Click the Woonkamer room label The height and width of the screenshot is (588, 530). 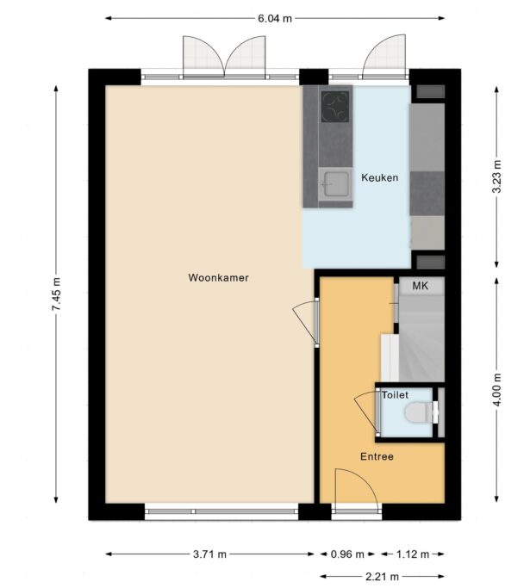point(218,278)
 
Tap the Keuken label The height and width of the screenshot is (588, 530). point(379,177)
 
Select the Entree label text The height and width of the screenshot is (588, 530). point(377,457)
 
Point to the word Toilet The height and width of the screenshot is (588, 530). point(395,395)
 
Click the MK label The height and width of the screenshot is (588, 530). point(420,286)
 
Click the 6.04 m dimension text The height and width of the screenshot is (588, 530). point(275,18)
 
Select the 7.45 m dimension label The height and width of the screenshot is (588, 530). point(56,294)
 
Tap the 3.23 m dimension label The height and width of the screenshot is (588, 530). point(496,176)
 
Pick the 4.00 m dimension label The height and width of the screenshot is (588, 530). point(496,390)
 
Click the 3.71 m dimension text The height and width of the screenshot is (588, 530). point(209,554)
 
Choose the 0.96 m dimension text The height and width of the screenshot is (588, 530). point(347,554)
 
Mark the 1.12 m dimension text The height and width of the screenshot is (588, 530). point(413,554)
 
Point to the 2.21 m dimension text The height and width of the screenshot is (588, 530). point(382,576)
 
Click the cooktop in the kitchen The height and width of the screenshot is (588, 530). point(335,107)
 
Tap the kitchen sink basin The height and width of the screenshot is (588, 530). point(336,184)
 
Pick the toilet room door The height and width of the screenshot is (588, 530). point(367,412)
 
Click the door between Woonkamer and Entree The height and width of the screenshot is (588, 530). point(306,322)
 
